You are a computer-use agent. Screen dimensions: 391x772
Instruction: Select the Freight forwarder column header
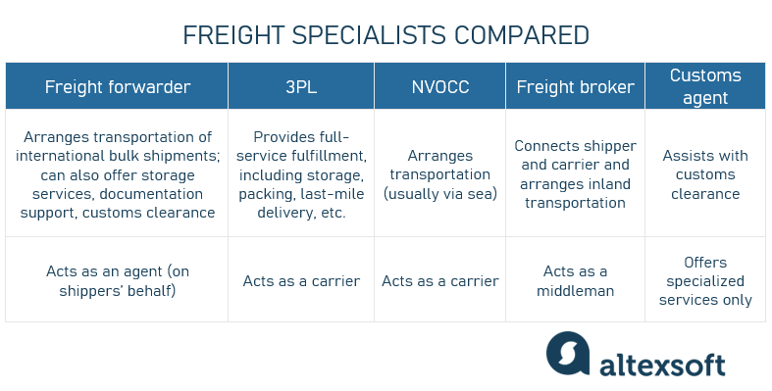click(117, 87)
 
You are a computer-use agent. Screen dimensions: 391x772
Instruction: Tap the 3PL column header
click(301, 87)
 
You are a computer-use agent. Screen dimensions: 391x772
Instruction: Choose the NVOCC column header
click(439, 87)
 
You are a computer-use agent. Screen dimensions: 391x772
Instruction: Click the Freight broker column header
click(575, 87)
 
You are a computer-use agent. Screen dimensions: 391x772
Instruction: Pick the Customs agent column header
click(704, 86)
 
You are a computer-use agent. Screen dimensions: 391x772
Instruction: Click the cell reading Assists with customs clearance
click(704, 174)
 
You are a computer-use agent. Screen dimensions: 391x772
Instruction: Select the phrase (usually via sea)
click(439, 192)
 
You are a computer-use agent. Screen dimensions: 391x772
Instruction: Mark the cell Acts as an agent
click(117, 280)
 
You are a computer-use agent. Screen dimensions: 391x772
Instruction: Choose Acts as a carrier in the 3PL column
click(301, 281)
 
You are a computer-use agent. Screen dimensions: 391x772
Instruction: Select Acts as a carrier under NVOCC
click(439, 281)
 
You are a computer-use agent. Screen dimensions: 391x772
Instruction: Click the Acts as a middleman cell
click(575, 280)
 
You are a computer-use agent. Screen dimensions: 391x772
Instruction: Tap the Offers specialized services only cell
click(704, 280)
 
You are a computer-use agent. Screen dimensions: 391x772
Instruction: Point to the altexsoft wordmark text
click(663, 365)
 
